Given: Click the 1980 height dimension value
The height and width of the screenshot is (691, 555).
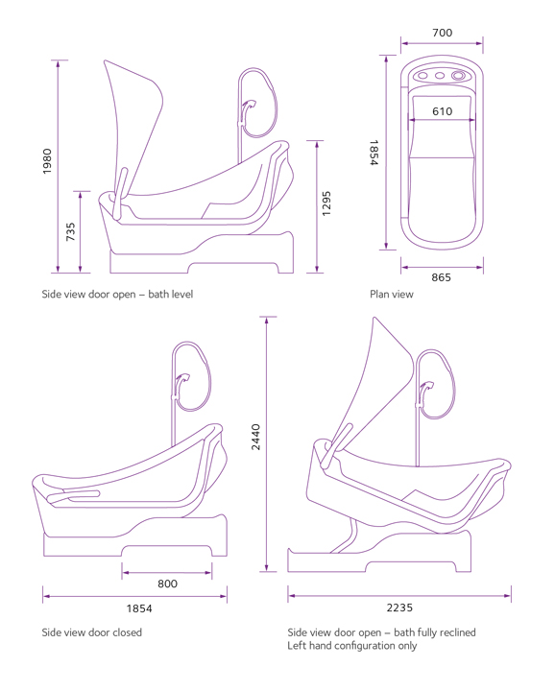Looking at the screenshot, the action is pos(47,161).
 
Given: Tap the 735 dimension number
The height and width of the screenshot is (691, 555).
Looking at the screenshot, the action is pos(70,232).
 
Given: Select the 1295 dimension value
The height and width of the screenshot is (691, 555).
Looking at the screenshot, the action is pos(326,203).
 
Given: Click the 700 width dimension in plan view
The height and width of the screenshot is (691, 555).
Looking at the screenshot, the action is pos(442,33).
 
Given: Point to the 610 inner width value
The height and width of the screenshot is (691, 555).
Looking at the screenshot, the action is pos(442,111).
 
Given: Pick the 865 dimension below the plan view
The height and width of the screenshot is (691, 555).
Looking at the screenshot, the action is pos(442,277).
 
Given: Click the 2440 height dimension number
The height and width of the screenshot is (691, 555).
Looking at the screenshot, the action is pos(255,438).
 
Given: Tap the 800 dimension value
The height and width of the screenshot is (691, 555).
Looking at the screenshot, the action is pos(167,584).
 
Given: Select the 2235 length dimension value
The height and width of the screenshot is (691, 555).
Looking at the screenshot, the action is pos(399,608).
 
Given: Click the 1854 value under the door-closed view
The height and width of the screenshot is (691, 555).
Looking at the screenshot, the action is pos(139,608).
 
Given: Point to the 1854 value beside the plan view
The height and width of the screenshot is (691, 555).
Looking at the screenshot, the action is pos(374,153).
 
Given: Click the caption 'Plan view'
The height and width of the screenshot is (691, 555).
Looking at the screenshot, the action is pos(392,295).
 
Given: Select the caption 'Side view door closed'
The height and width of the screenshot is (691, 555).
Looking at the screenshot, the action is pos(91,632).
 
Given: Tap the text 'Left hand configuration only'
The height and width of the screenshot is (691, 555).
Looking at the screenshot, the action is pos(352,646).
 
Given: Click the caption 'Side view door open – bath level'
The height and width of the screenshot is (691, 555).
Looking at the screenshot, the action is pos(117,295).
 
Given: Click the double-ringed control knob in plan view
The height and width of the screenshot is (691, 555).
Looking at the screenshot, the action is pos(458,76).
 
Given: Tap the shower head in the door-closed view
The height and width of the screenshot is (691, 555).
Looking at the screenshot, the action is pos(182,379).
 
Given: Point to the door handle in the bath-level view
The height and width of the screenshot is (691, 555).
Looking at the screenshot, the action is pos(119,193).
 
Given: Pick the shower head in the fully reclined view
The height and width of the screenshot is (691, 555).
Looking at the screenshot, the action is pos(426,388).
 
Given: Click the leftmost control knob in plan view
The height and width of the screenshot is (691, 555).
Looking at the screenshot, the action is pos(422,76).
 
